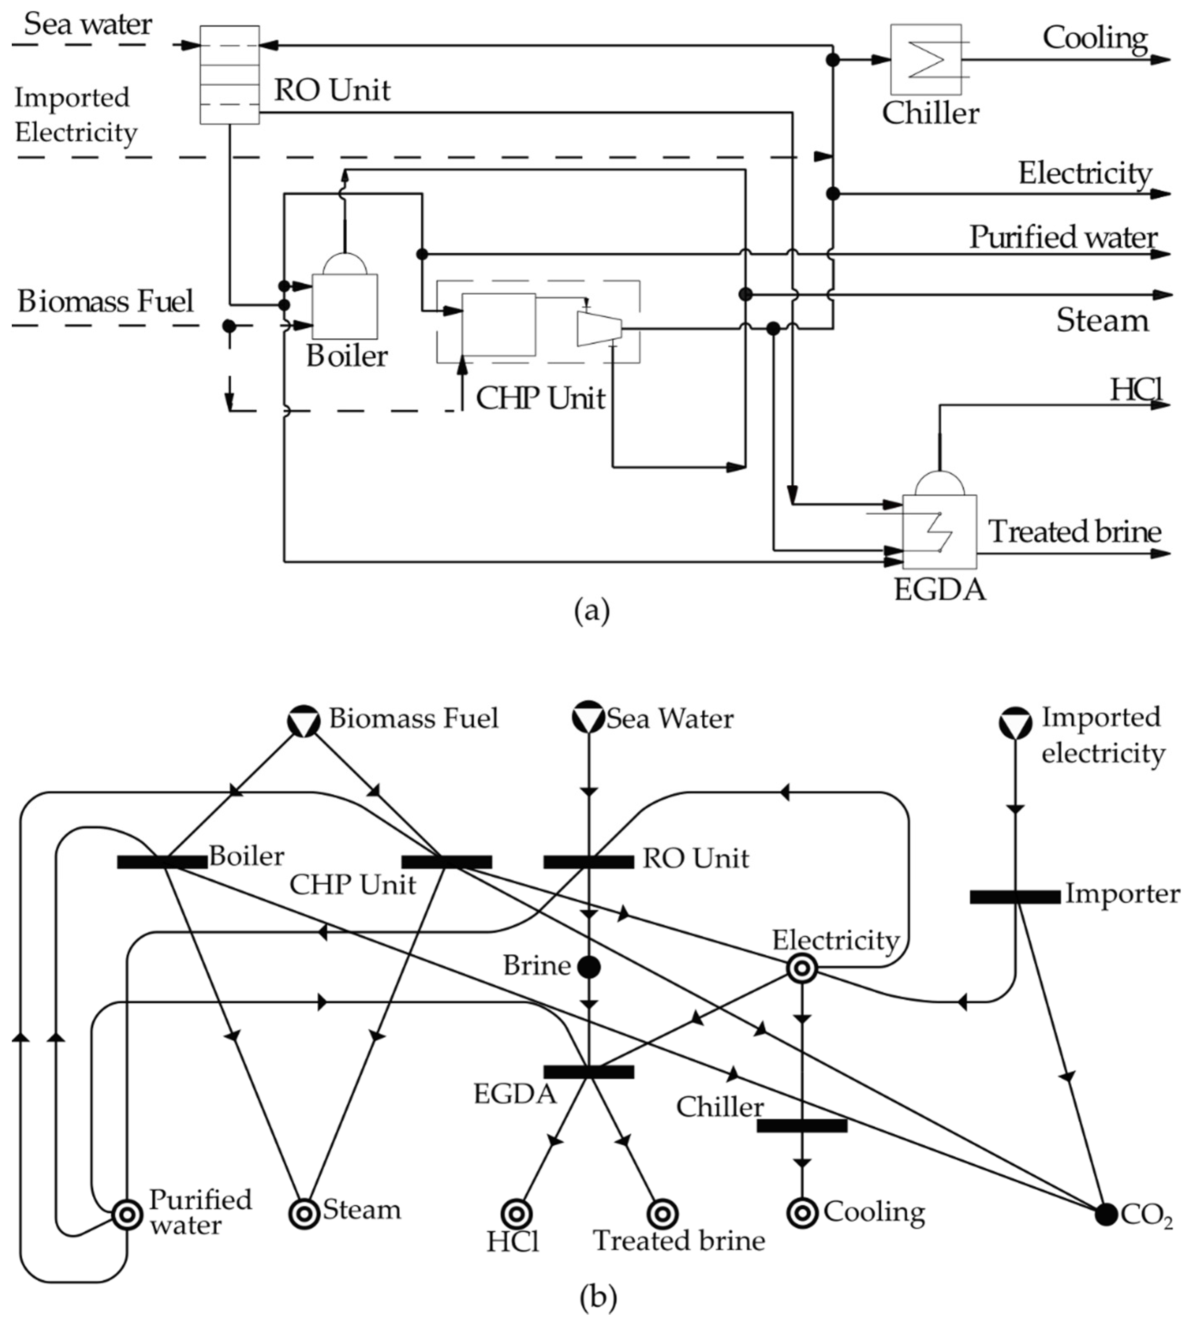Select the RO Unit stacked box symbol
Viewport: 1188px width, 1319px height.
229,74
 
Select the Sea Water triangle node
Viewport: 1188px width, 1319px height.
588,716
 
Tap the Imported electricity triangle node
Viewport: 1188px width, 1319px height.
1015,722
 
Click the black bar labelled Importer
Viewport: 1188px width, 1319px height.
1015,897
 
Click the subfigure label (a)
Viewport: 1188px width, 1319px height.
592,611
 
